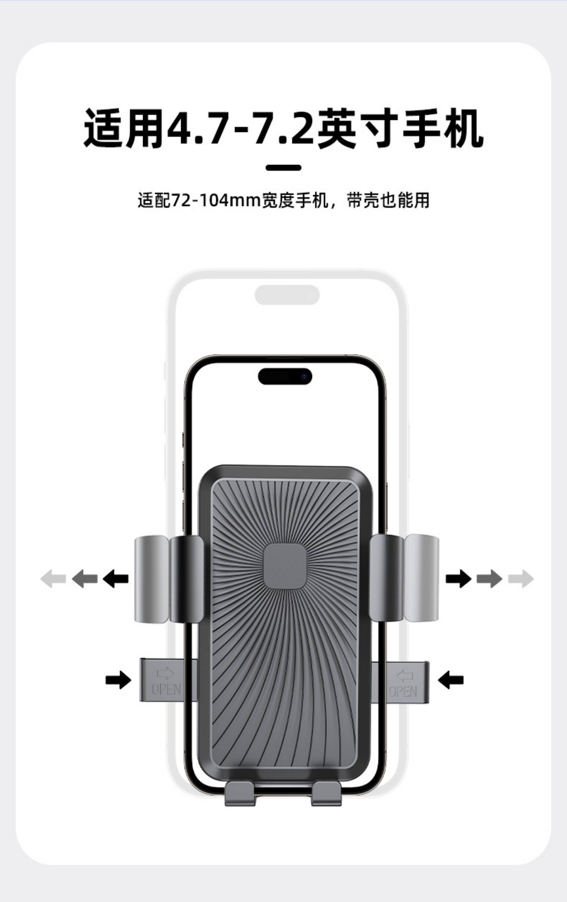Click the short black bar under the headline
(x=283, y=168)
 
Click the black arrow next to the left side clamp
(x=115, y=579)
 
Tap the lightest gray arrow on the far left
(x=53, y=579)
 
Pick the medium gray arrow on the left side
(x=84, y=579)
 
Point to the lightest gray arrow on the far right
(x=521, y=579)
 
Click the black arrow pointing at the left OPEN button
(x=118, y=679)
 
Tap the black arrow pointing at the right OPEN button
(x=451, y=679)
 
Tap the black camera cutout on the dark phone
(x=285, y=376)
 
